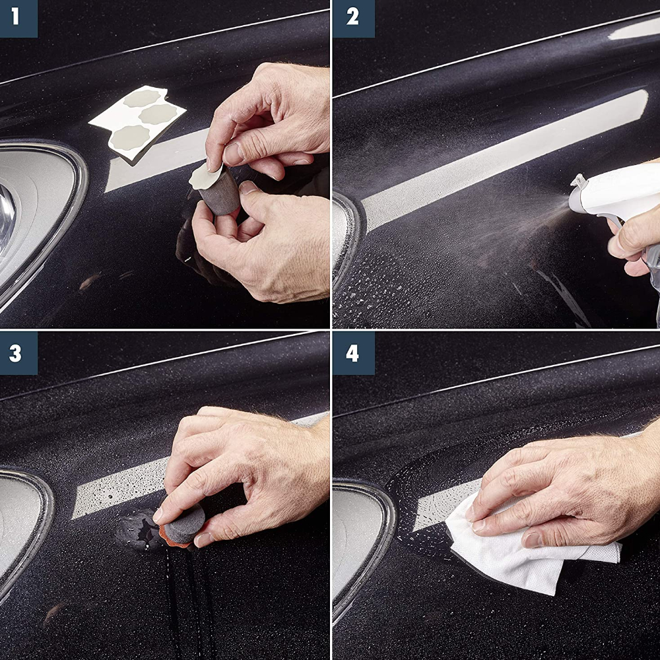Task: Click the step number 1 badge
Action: tap(18, 18)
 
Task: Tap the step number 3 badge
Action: tap(18, 353)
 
